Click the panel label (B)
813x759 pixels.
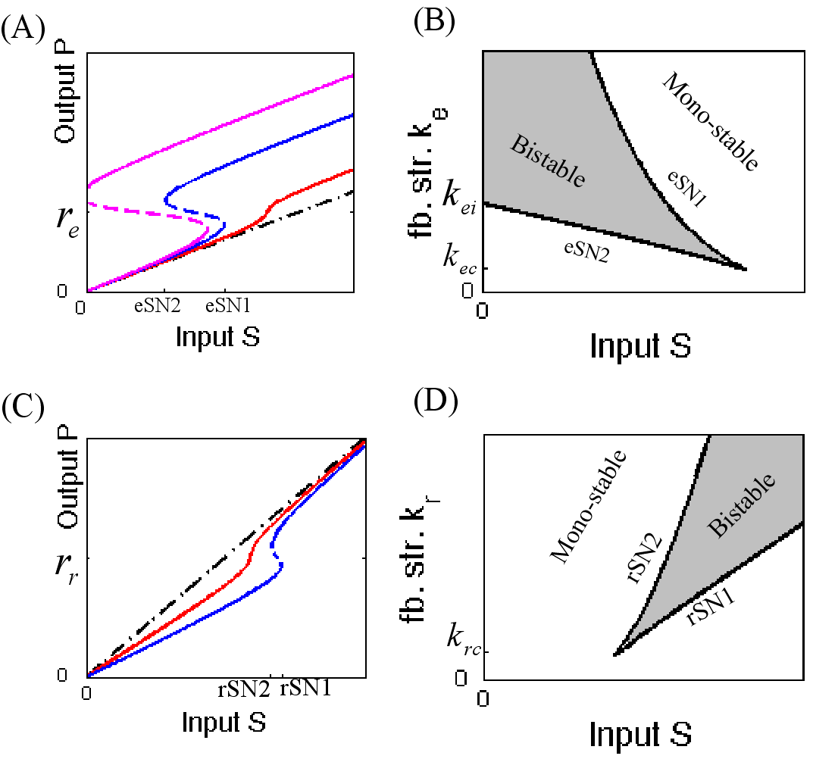[x=433, y=23]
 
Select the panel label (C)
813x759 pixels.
[x=22, y=410]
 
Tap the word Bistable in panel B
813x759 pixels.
[x=546, y=162]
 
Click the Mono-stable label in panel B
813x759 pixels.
[x=711, y=121]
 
